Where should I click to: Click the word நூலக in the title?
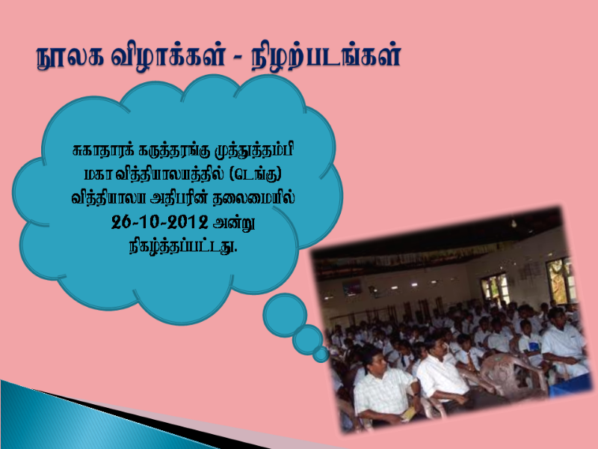[70, 58]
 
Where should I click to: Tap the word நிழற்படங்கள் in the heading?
[326, 58]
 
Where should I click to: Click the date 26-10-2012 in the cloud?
[159, 222]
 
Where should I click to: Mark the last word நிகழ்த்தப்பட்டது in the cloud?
[182, 246]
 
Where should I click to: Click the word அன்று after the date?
[233, 222]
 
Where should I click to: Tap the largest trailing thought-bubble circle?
[285, 315]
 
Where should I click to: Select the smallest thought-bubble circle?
[321, 354]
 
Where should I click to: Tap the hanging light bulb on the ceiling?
[514, 223]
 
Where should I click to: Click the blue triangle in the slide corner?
[103, 420]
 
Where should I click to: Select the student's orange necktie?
[470, 361]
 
